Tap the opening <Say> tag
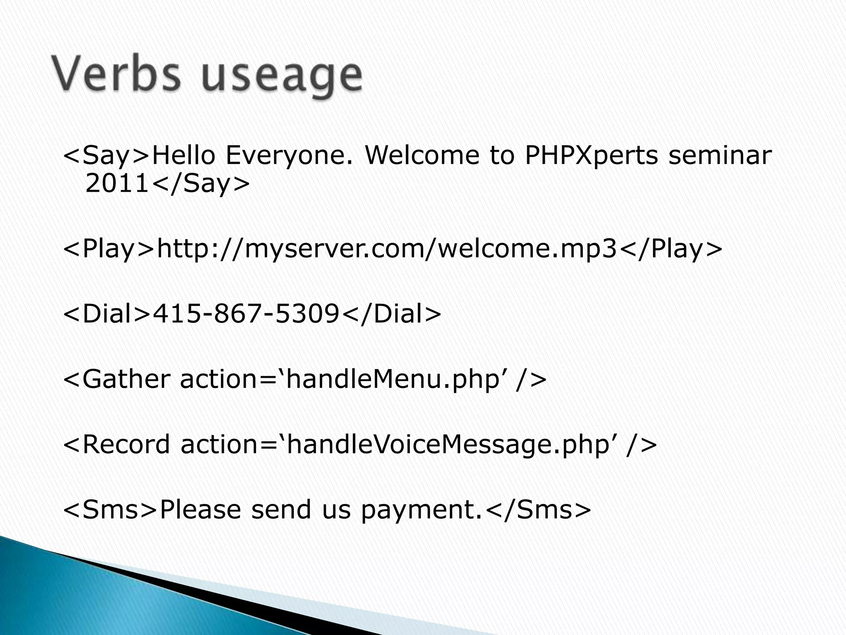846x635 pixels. coord(106,156)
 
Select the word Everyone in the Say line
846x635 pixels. coord(290,156)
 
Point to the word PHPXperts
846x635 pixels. coord(591,156)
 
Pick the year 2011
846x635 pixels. coord(116,184)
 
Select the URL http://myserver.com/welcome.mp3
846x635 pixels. coord(387,249)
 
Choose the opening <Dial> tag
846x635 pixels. coord(107,314)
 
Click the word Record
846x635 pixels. coord(126,444)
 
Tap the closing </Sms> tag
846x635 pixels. coord(538,509)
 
